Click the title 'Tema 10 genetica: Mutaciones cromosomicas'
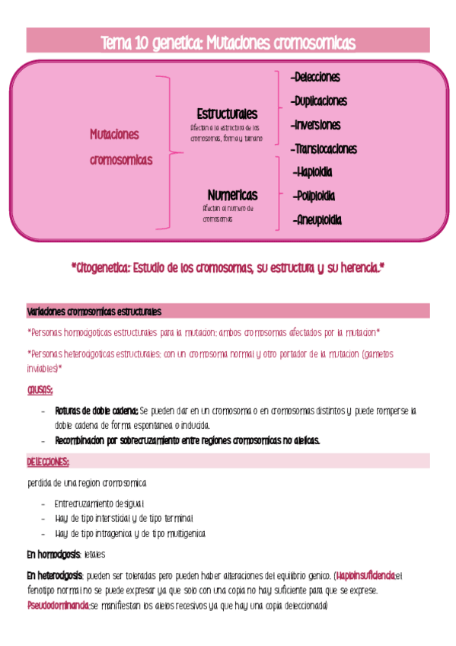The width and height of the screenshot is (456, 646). coord(228,43)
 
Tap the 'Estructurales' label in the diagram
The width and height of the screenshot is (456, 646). coord(226,114)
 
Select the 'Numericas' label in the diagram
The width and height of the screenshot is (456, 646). coord(232,195)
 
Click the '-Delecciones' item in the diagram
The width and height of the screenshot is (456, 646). coord(315,78)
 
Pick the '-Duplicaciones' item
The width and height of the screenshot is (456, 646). coord(319,101)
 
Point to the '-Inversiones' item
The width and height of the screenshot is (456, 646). coord(315,125)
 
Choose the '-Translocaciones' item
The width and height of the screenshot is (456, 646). coord(324,149)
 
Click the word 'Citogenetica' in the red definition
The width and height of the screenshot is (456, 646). coord(103,268)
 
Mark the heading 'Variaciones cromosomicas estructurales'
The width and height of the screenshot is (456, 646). coord(94,312)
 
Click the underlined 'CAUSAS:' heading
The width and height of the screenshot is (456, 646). coord(40,390)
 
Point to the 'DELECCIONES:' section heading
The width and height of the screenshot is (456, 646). coord(48,462)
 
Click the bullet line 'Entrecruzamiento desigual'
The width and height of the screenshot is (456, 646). coord(99,504)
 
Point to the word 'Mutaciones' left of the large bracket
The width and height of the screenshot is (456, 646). coord(114,134)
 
